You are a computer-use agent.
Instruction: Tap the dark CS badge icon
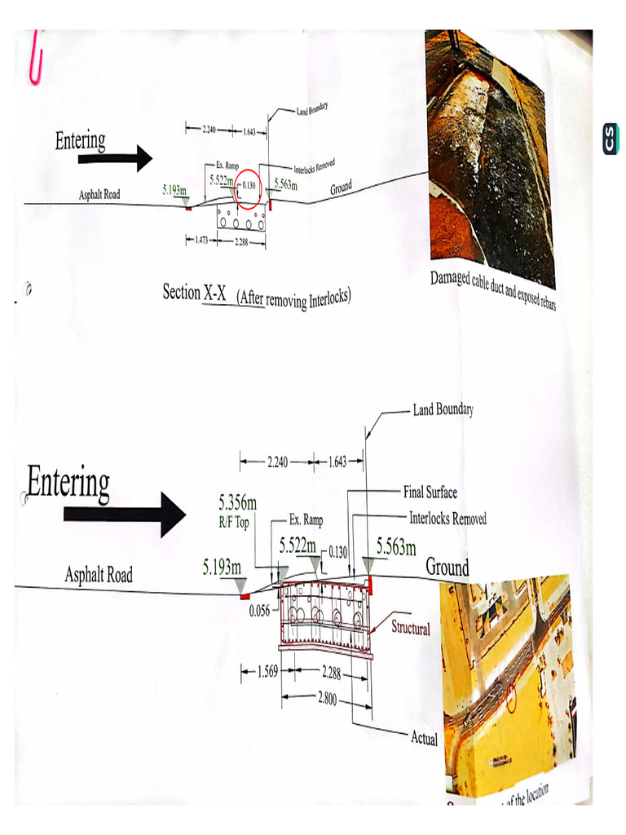click(611, 139)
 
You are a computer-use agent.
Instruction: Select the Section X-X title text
click(196, 293)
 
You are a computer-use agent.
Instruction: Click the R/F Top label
click(234, 523)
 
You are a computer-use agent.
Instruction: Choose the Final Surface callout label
click(430, 492)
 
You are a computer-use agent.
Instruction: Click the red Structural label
click(411, 628)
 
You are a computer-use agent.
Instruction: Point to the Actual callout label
click(424, 739)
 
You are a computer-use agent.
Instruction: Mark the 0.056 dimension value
click(259, 607)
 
